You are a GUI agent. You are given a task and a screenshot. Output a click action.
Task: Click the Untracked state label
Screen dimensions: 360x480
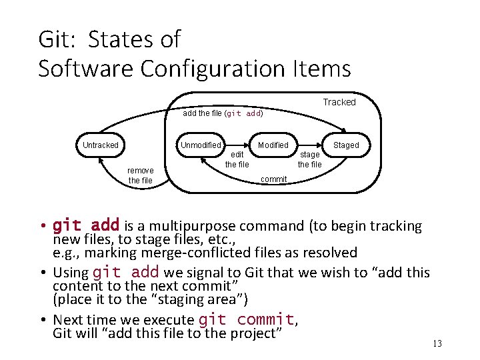coord(101,145)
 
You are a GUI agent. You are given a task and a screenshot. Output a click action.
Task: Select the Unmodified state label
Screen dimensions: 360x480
coord(201,145)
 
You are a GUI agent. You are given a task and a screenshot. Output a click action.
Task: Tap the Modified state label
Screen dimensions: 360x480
coord(273,145)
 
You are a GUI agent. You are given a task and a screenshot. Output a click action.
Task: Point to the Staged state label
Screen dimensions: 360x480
coord(346,145)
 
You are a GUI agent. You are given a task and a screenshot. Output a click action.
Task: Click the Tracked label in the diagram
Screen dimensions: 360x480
coord(339,102)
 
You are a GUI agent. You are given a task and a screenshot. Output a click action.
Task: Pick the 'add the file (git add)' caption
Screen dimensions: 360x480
coord(223,113)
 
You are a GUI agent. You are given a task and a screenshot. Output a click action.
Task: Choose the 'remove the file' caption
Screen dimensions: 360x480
coord(140,175)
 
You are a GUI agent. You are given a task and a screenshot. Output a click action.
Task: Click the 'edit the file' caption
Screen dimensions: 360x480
coord(237,159)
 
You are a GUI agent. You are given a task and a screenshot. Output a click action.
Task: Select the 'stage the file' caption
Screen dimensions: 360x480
coord(309,159)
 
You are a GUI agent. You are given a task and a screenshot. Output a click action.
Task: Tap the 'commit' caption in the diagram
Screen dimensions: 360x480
coord(273,179)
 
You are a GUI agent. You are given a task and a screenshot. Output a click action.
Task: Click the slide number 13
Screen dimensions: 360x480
coord(437,343)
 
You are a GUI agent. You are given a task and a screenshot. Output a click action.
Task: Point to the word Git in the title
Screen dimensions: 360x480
coord(58,39)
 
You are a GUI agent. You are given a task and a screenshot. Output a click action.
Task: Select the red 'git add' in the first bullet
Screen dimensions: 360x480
coord(86,225)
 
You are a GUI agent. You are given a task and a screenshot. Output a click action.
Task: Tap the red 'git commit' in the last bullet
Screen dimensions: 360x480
coord(246,319)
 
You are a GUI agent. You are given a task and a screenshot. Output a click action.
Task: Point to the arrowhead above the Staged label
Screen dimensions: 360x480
coord(343,131)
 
